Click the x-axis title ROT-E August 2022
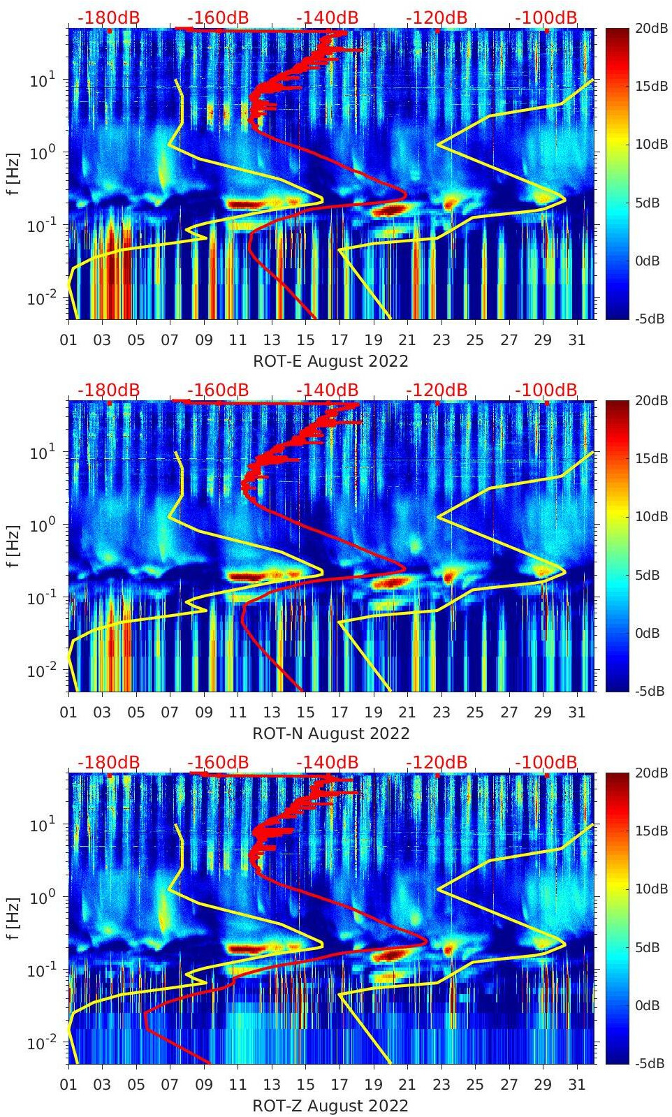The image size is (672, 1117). point(330,360)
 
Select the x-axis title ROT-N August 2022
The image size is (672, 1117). point(330,733)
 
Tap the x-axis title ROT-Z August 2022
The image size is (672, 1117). point(330,1105)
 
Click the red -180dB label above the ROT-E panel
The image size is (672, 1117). point(108,17)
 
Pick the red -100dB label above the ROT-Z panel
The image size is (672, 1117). point(546,762)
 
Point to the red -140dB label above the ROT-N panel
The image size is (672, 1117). point(328,390)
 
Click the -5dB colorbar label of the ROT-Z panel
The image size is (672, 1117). point(650,1063)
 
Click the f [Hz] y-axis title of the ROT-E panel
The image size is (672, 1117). point(13,173)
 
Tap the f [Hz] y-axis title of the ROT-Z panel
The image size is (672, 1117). point(13,917)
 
